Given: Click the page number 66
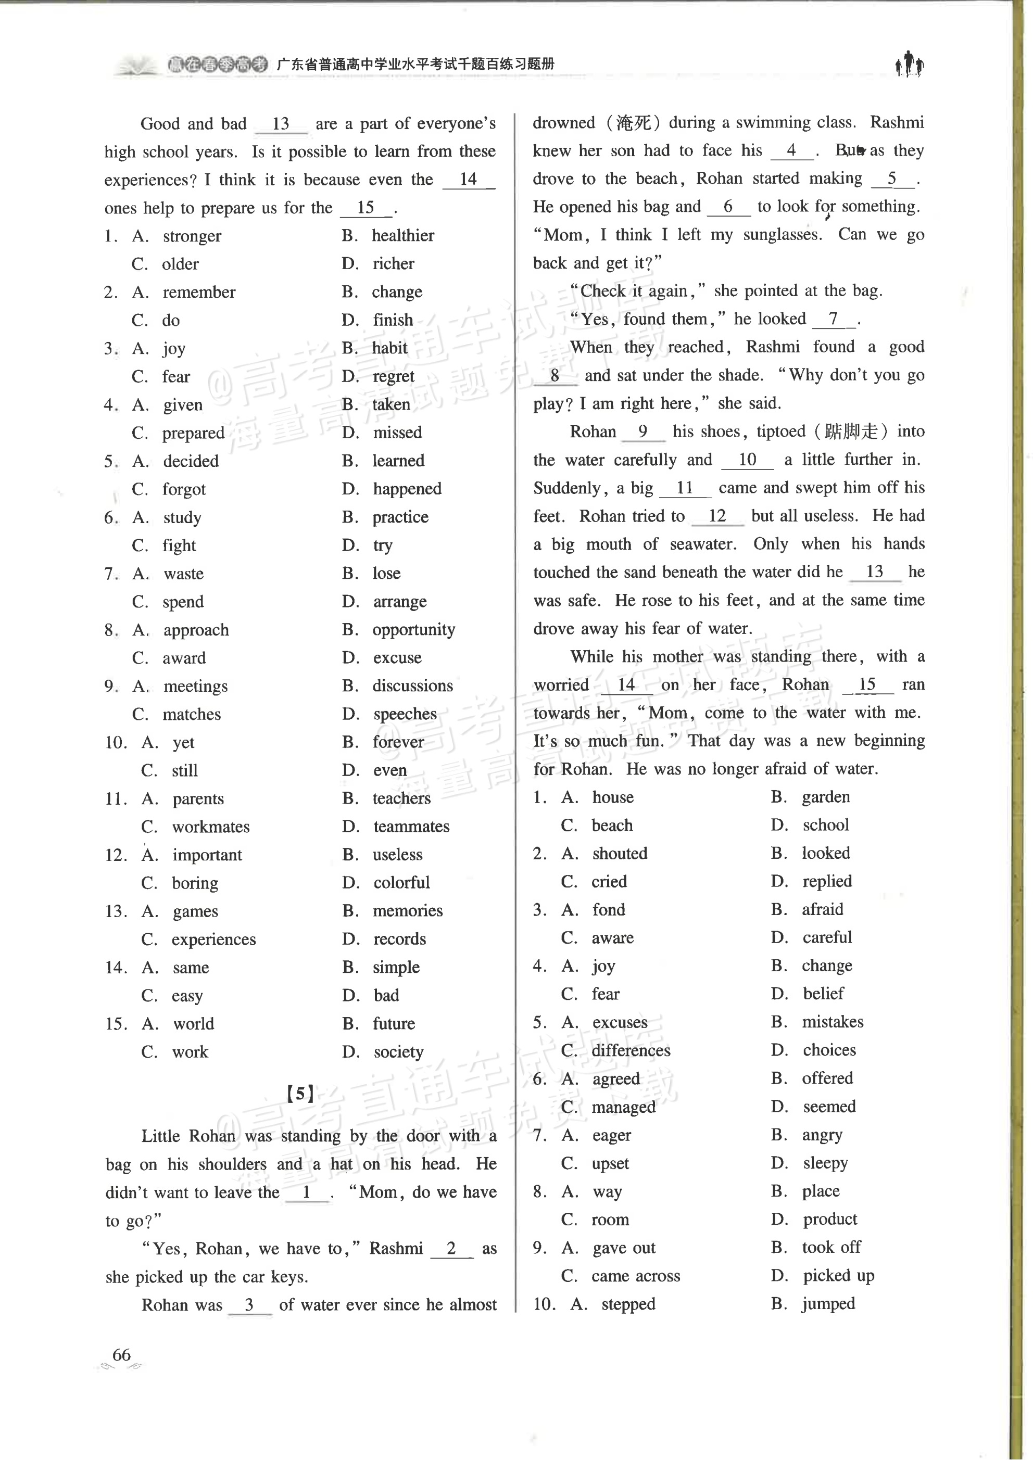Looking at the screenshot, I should tap(121, 1354).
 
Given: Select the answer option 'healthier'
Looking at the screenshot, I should tap(402, 236).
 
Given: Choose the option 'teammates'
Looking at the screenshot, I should tap(411, 827).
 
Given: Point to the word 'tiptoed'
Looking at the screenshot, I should tap(781, 432).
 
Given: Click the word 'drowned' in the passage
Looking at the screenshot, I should tap(563, 123).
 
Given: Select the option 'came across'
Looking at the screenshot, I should tap(635, 1276).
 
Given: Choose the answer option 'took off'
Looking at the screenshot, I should tap(831, 1248).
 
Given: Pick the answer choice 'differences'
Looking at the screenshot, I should tap(631, 1050).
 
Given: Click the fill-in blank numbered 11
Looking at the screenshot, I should tap(685, 488).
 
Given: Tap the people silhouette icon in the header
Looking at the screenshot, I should tap(910, 64).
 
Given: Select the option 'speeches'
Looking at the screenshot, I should tap(405, 714).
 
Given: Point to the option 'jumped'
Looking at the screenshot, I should tap(828, 1303).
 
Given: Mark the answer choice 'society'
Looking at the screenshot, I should tap(398, 1052).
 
